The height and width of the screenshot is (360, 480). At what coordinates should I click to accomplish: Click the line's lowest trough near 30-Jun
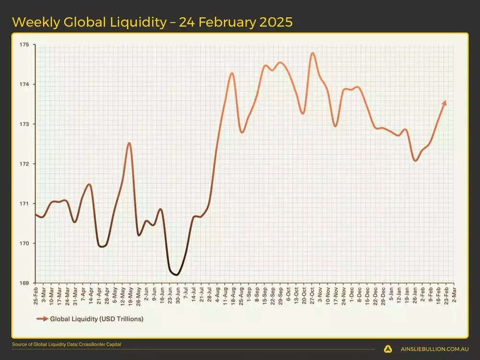(176, 275)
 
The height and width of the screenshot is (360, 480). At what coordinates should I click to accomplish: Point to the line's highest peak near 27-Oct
(312, 53)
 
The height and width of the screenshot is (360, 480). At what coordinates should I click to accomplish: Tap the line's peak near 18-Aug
(232, 73)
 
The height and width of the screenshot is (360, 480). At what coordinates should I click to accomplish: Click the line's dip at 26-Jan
(415, 161)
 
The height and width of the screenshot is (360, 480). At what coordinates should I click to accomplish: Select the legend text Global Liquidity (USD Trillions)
(96, 318)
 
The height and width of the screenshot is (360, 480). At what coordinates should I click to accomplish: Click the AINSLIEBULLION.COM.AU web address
(434, 349)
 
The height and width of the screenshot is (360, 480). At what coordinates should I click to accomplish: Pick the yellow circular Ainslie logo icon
(388, 349)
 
